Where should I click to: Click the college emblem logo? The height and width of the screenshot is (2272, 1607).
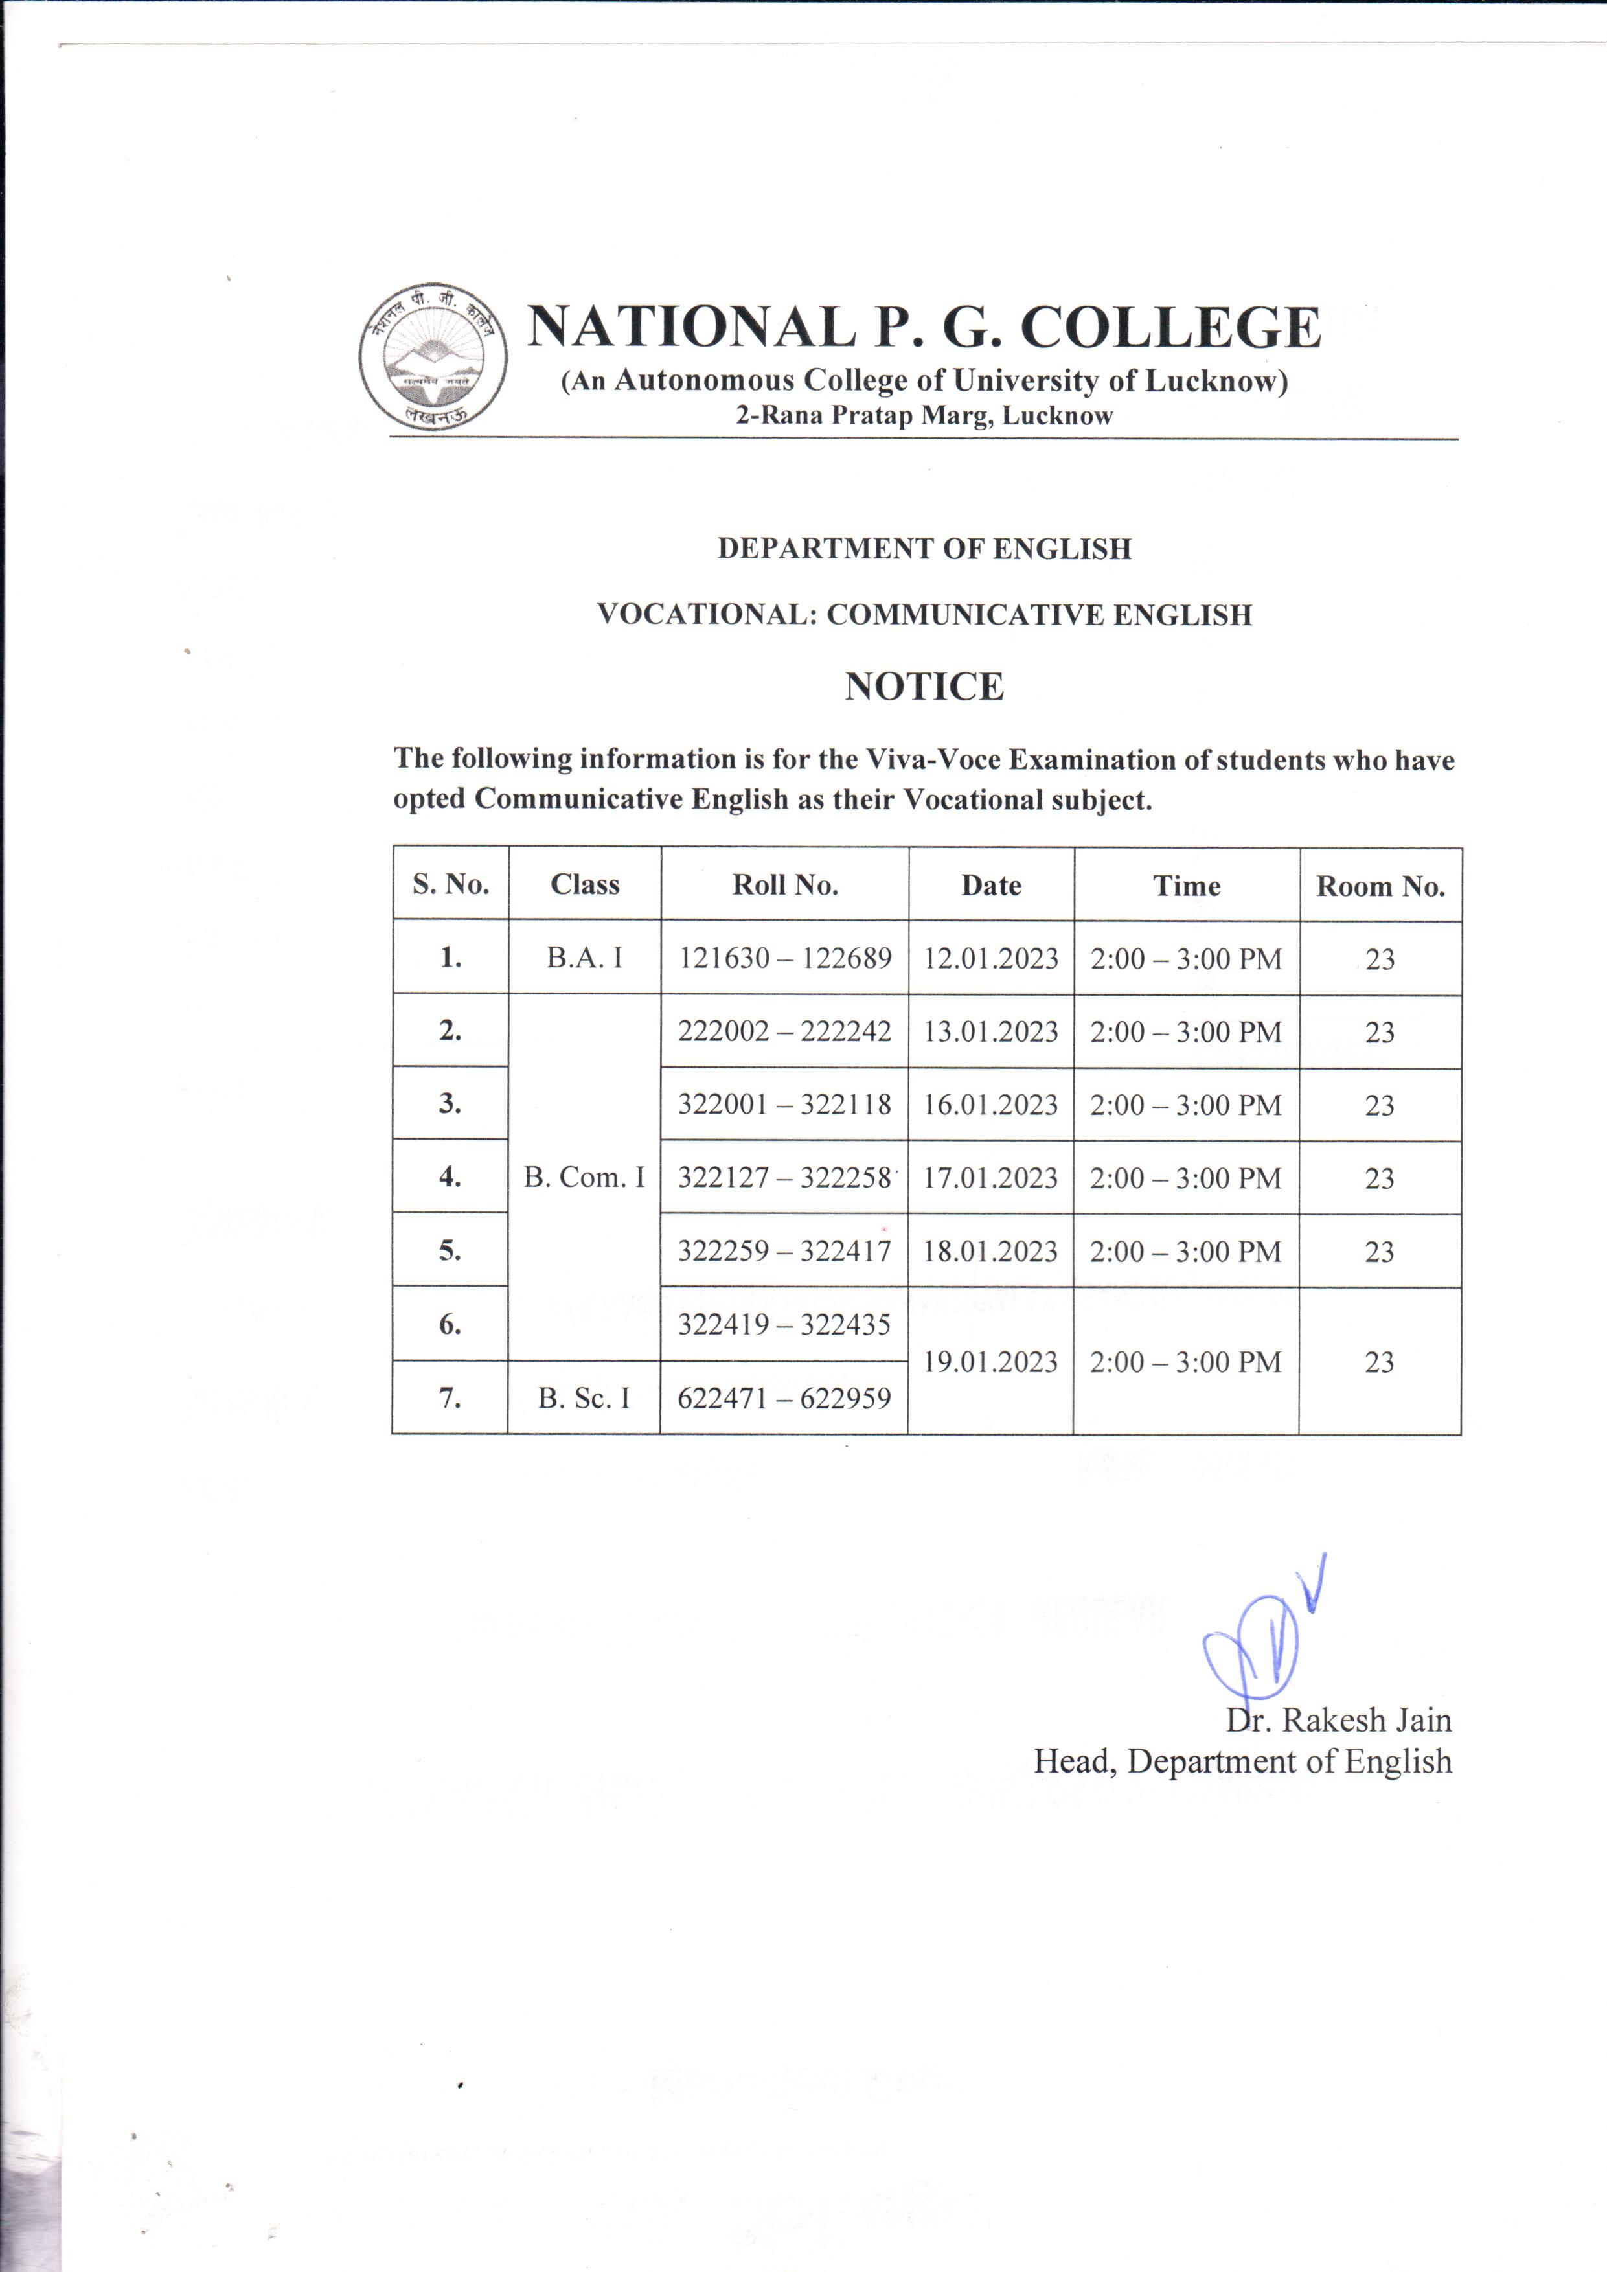433,356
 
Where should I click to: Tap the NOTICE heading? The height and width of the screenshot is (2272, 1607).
924,687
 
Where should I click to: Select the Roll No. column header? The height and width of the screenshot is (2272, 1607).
784,885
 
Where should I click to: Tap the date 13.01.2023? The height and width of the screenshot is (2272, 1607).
990,1032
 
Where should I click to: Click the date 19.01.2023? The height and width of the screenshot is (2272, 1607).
990,1362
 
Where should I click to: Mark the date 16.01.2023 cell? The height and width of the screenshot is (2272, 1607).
990,1105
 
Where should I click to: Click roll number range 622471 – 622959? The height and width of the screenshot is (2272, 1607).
784,1398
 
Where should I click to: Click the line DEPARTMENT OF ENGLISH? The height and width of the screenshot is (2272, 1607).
924,549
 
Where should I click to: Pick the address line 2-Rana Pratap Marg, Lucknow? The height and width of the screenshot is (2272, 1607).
924,416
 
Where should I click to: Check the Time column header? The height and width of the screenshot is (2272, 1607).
1187,886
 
